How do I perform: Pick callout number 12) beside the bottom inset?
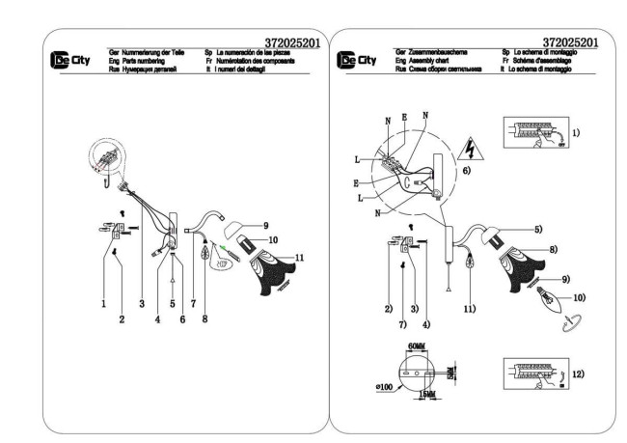575,374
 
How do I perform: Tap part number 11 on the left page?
299,258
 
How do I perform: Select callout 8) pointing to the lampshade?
553,249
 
